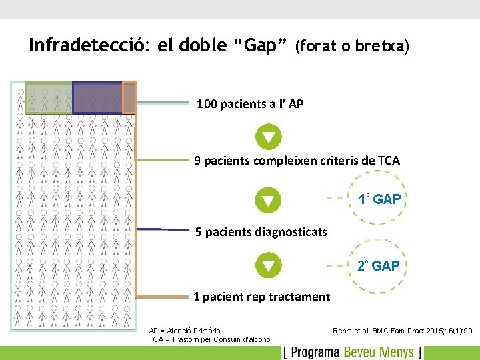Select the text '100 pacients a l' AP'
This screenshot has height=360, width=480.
coord(250,103)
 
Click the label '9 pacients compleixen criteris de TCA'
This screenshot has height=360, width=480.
coord(297,161)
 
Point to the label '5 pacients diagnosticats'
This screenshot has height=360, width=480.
coord(261,232)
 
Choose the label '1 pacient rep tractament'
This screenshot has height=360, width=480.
coord(261,297)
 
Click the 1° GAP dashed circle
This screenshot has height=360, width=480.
coord(378,199)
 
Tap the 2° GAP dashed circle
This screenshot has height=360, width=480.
coord(378,265)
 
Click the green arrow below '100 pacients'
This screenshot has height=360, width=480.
coord(268,137)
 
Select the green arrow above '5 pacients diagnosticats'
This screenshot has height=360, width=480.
coord(268,200)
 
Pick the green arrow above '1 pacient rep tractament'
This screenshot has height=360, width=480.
coord(268,266)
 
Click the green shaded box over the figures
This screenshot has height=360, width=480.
coord(49,97)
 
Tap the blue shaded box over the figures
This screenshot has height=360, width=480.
coord(97,97)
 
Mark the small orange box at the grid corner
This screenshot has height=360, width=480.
coord(129,98)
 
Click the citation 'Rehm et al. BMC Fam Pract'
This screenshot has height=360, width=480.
coord(402,330)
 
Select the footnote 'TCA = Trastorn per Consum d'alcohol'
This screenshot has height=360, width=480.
coord(210,339)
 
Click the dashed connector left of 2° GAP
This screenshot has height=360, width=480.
coord(337,265)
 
